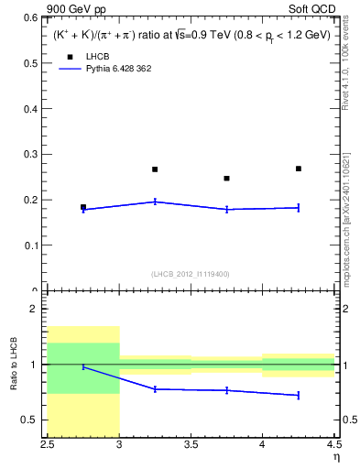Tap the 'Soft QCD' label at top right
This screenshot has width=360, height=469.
point(315,10)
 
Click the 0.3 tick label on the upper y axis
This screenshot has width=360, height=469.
point(31,155)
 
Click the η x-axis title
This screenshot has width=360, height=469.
point(336,458)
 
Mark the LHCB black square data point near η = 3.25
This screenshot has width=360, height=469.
point(155,169)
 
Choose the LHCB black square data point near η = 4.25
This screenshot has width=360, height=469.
point(299,169)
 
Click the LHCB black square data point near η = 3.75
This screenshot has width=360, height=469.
point(226,179)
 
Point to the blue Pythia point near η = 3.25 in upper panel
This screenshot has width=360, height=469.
point(155,202)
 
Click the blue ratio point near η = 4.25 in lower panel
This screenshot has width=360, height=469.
point(299,395)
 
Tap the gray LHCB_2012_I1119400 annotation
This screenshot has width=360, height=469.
point(190,273)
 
